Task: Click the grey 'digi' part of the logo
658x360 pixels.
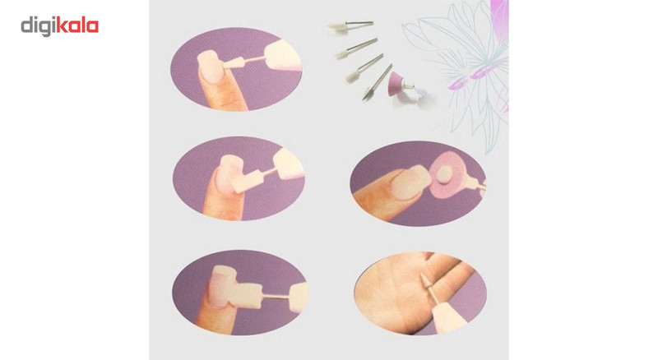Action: tap(39, 26)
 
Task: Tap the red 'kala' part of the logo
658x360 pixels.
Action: tap(77, 25)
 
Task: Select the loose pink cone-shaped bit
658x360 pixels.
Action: tap(396, 84)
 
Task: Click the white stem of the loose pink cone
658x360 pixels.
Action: tap(409, 87)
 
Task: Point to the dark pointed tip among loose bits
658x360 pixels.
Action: tap(365, 95)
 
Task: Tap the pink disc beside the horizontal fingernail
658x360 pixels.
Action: tap(448, 173)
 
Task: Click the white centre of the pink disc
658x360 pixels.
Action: tap(445, 172)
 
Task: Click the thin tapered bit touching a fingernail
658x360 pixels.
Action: tap(234, 62)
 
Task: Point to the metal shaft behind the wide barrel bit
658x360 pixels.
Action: tap(276, 296)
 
